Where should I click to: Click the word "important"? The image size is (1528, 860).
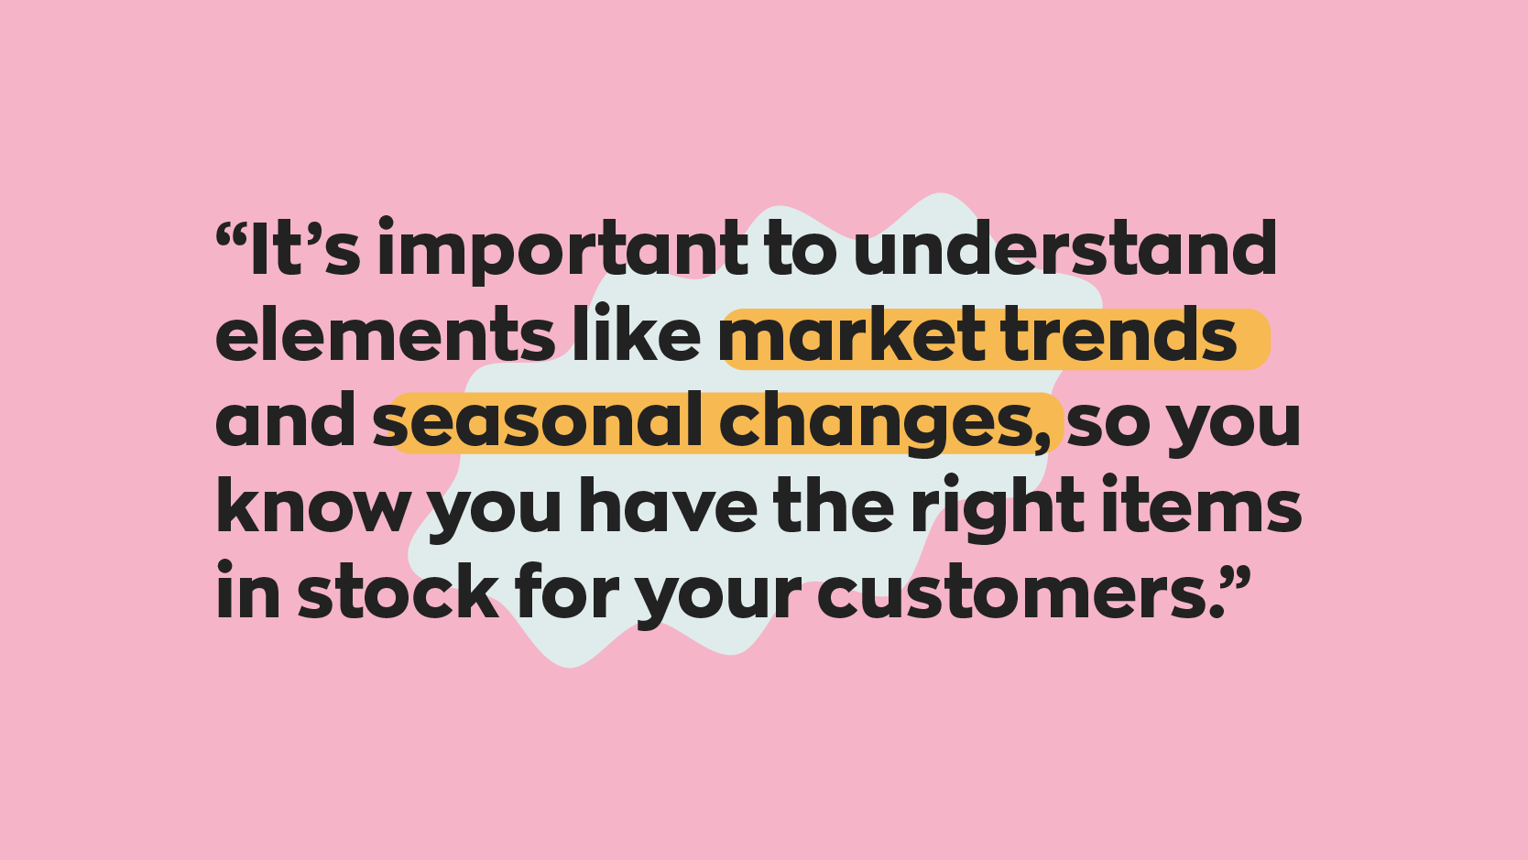(x=562, y=250)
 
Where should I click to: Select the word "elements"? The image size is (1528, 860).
(x=385, y=334)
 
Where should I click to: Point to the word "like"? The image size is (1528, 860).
(x=637, y=334)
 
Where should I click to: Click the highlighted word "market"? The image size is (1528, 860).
(x=853, y=336)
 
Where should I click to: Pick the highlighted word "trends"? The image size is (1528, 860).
(x=1119, y=336)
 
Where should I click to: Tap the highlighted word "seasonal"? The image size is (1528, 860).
(x=537, y=421)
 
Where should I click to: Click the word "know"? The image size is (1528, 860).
(x=312, y=506)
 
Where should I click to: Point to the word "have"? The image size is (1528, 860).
(x=669, y=506)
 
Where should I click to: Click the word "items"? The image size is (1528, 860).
(x=1201, y=506)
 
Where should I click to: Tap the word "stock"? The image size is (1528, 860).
(x=398, y=593)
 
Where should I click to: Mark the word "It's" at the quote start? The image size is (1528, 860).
(x=304, y=249)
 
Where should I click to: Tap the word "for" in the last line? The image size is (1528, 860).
(x=566, y=592)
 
